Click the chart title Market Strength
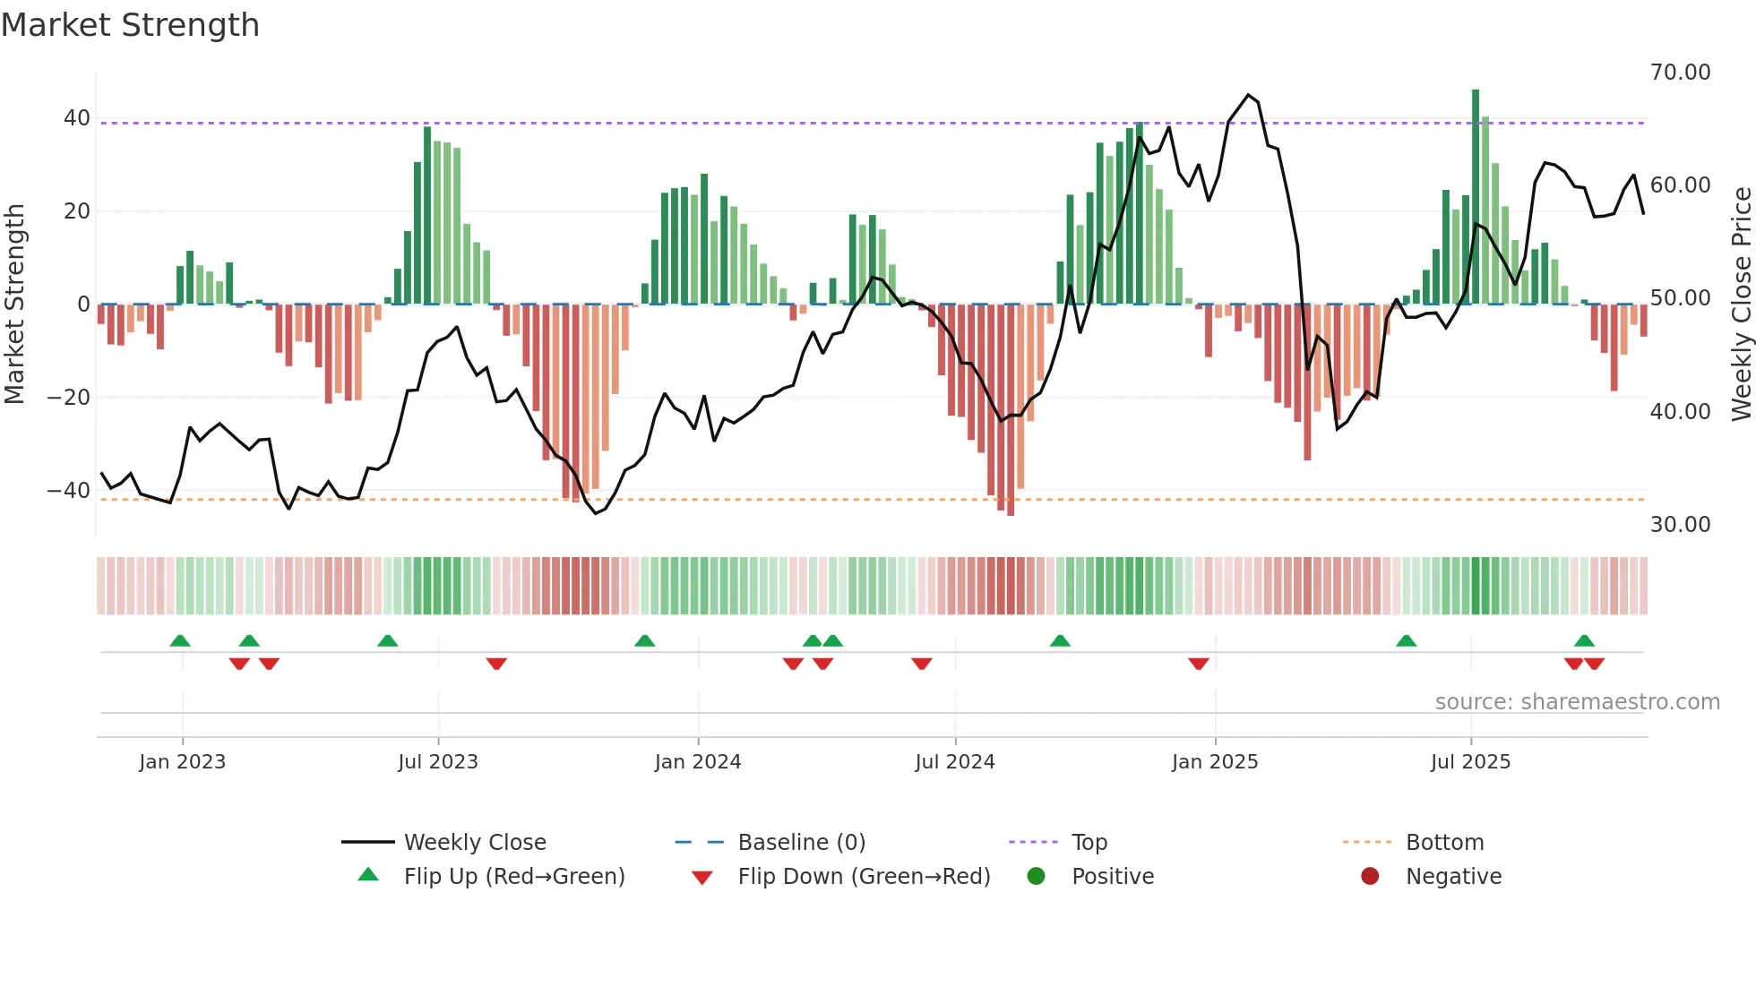(x=130, y=25)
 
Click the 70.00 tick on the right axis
(x=1680, y=73)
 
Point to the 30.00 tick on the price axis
(x=1680, y=525)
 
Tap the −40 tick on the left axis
(x=68, y=491)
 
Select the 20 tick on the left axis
(x=76, y=211)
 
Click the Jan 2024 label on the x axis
(x=698, y=762)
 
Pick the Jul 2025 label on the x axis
(x=1470, y=762)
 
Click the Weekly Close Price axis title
(x=1741, y=305)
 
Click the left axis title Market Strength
(x=14, y=305)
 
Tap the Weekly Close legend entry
(x=474, y=843)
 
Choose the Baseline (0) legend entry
(x=801, y=843)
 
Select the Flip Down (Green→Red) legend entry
(x=863, y=877)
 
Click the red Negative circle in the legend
(x=1370, y=876)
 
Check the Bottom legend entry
(x=1444, y=843)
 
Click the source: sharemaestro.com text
(x=1577, y=702)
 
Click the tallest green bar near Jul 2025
(x=1476, y=197)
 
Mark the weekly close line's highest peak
(x=1248, y=95)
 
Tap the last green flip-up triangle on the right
(x=1584, y=641)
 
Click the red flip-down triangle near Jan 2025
(x=1199, y=664)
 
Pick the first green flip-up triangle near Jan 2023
(x=180, y=641)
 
